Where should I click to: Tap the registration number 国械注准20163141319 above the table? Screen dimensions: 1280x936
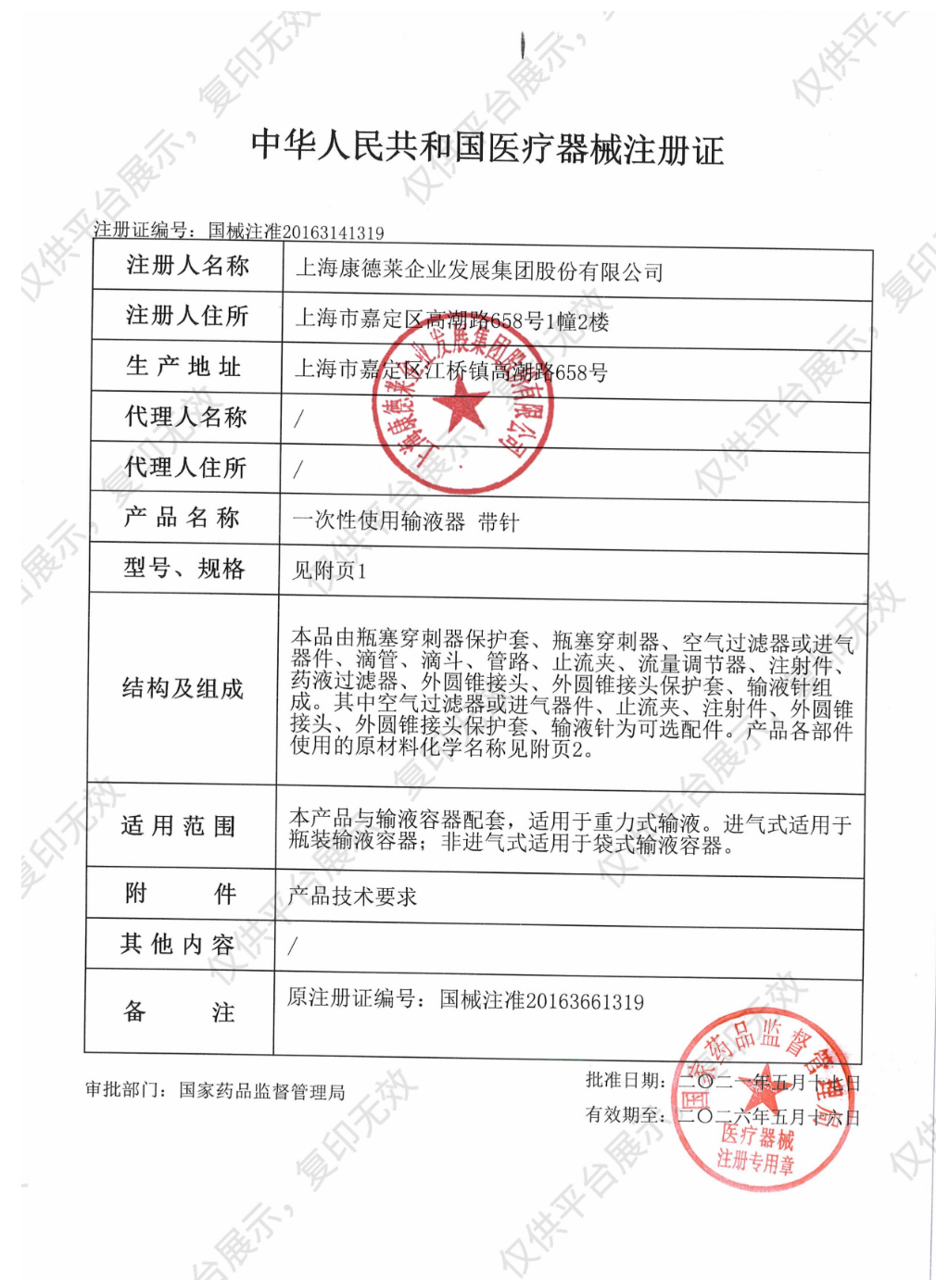pyautogui.click(x=296, y=232)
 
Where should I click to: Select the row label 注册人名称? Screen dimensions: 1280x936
pyautogui.click(x=188, y=267)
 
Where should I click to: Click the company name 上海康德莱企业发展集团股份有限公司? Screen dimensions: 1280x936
pyautogui.click(x=479, y=271)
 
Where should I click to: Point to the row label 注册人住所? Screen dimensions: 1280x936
pyautogui.click(x=187, y=317)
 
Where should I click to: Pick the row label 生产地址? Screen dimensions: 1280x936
pyautogui.click(x=184, y=367)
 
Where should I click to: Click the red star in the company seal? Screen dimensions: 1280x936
pyautogui.click(x=461, y=408)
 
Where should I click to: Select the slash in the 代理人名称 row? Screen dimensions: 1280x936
pyautogui.click(x=298, y=419)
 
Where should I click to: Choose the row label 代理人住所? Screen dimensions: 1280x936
pyautogui.click(x=185, y=468)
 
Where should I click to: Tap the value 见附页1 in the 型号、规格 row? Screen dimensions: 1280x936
pyautogui.click(x=330, y=571)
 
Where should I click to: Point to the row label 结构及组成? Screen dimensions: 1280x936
pyautogui.click(x=183, y=688)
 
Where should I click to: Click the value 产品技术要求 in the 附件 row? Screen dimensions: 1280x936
pyautogui.click(x=352, y=896)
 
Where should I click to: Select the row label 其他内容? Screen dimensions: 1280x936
pyautogui.click(x=178, y=945)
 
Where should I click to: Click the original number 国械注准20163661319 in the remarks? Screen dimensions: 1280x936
pyautogui.click(x=541, y=1000)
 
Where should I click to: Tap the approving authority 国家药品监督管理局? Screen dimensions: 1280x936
pyautogui.click(x=262, y=1092)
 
